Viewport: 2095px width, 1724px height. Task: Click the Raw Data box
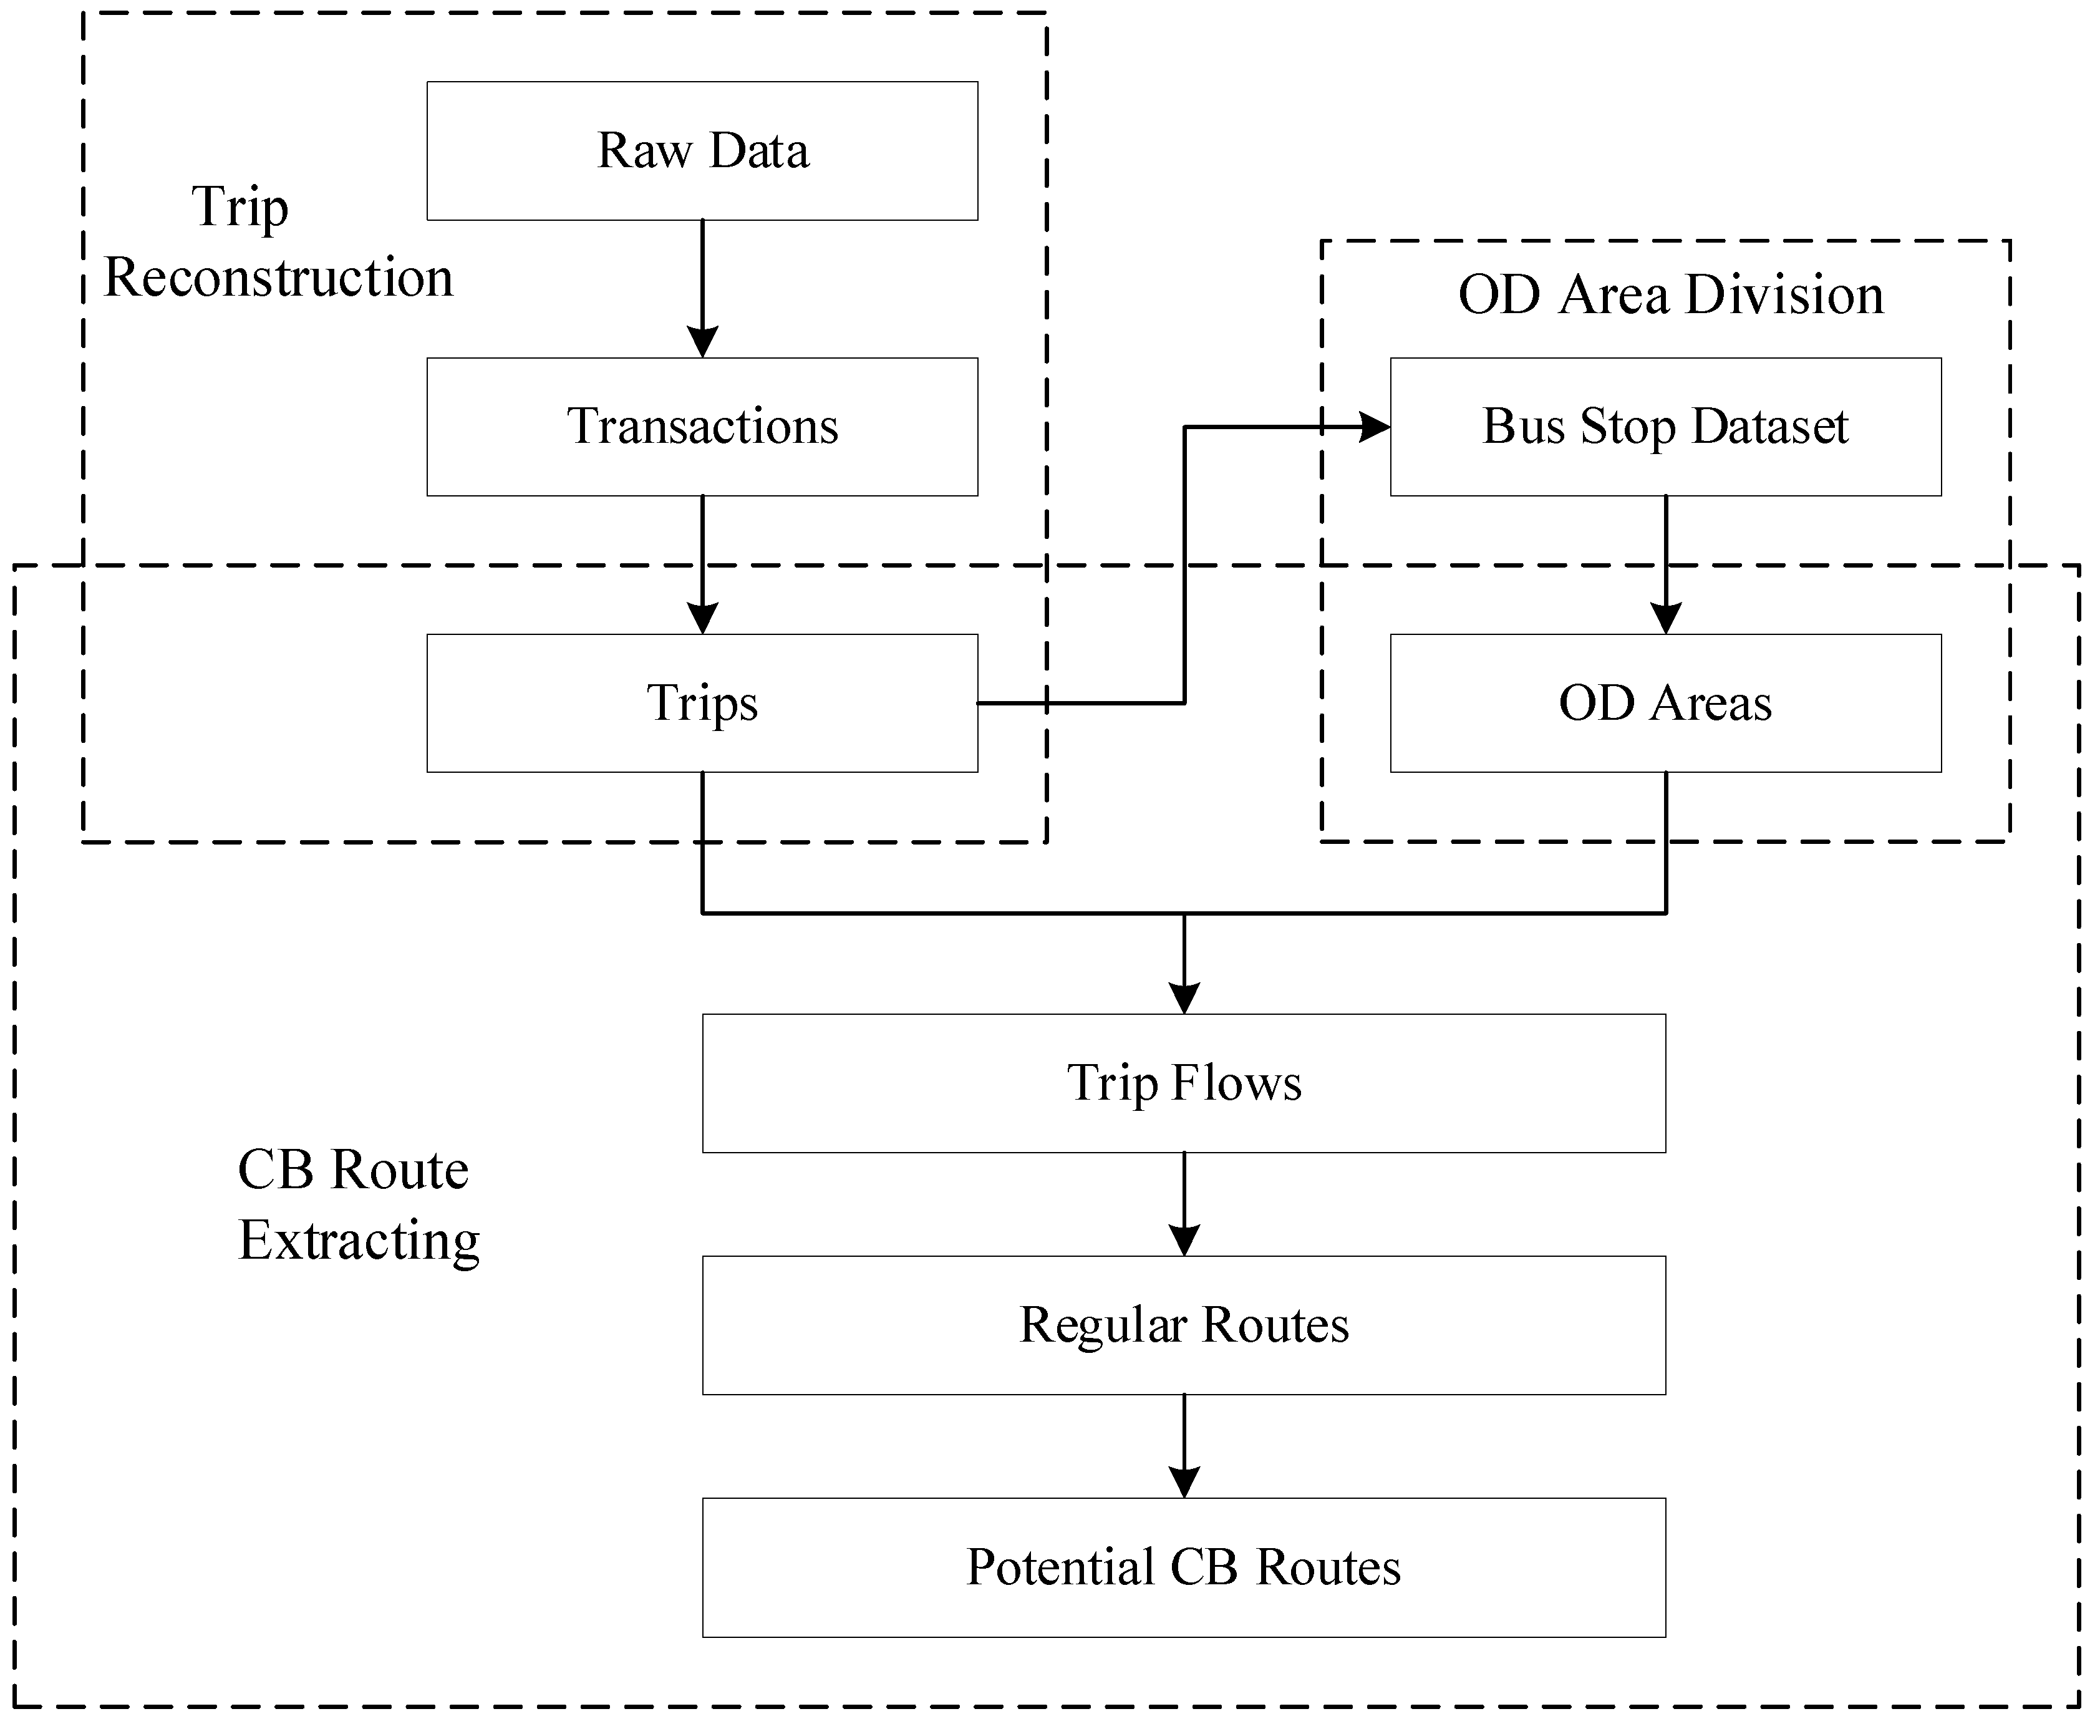point(702,151)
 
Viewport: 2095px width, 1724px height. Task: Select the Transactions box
point(702,427)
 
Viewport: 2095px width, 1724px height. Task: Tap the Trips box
point(702,703)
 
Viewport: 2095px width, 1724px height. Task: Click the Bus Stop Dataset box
point(1665,427)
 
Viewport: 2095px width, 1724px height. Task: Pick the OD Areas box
point(1665,703)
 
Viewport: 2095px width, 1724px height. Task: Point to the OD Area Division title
point(1670,295)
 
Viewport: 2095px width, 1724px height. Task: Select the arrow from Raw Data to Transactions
point(702,288)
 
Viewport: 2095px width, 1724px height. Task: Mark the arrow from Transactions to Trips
point(702,564)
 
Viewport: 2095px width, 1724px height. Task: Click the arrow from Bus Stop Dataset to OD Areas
point(1665,564)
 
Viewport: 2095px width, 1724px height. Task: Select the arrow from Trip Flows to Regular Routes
point(1184,1204)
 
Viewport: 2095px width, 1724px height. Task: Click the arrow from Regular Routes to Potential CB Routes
point(1184,1446)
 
